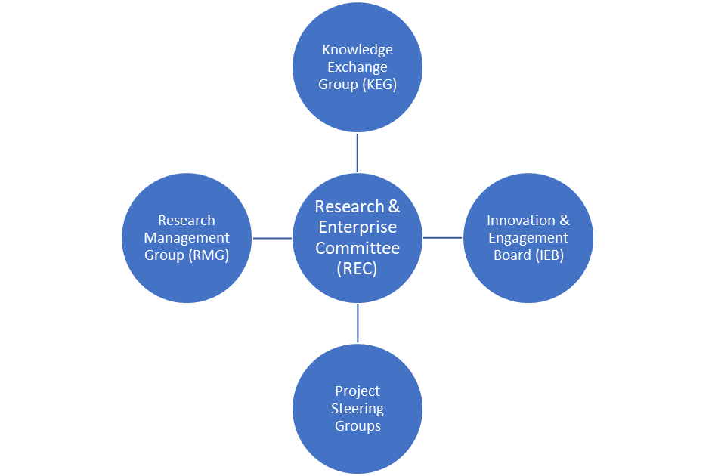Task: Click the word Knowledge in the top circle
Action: click(357, 50)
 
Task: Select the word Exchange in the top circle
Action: click(357, 67)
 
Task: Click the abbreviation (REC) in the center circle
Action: click(357, 267)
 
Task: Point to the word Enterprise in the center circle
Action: click(357, 227)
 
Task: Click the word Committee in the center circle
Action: click(357, 247)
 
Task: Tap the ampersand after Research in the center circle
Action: click(394, 206)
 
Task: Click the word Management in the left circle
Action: click(187, 238)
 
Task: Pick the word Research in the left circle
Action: click(187, 221)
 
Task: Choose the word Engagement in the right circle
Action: click(528, 238)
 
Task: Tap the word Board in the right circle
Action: click(511, 255)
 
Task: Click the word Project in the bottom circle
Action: click(357, 391)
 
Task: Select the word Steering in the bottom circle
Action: click(357, 409)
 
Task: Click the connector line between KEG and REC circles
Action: click(357, 153)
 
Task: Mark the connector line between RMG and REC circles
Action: click(272, 238)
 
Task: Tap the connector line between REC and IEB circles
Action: click(443, 238)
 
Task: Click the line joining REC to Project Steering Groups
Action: click(357, 323)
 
